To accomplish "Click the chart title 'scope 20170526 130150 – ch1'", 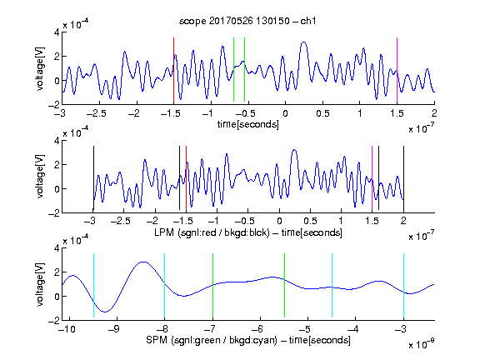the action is point(247,21).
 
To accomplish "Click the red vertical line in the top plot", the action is point(173,70).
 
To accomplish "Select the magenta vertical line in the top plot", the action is point(397,70).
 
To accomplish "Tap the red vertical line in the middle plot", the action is point(186,178).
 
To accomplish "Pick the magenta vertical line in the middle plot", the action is point(372,178).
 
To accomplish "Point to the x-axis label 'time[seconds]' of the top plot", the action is point(248,124).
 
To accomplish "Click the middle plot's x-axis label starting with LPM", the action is point(248,232).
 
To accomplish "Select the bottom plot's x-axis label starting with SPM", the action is point(248,340).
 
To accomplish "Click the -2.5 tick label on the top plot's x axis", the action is point(96,113).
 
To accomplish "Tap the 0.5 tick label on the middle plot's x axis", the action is point(310,221).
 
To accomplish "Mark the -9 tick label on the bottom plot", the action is point(114,329).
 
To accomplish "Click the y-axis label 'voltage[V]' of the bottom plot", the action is point(40,284).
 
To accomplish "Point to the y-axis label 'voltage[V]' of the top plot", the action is point(40,68).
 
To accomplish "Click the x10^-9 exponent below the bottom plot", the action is point(422,344).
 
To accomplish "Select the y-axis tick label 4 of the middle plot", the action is point(57,141).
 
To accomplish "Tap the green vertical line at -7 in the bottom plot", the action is point(212,286).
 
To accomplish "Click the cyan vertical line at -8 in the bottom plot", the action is point(164,286).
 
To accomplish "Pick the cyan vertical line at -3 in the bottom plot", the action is point(403,286).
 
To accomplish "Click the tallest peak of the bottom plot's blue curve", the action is point(143,262).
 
